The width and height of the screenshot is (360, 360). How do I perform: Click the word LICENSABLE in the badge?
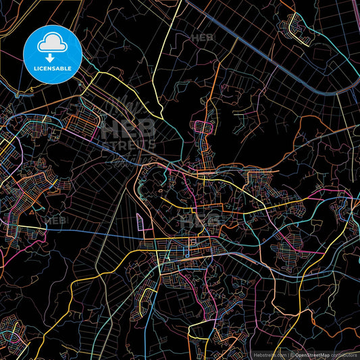(x=53, y=68)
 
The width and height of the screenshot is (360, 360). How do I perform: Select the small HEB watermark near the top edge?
(x=203, y=38)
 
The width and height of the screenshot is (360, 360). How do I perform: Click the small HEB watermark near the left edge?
(x=55, y=220)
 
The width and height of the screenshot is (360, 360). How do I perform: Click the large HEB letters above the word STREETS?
(x=128, y=128)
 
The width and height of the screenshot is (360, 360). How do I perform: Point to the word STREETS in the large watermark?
(x=128, y=144)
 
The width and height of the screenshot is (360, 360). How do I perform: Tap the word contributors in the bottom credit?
(x=344, y=355)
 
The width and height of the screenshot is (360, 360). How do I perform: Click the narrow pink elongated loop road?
(x=140, y=223)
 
